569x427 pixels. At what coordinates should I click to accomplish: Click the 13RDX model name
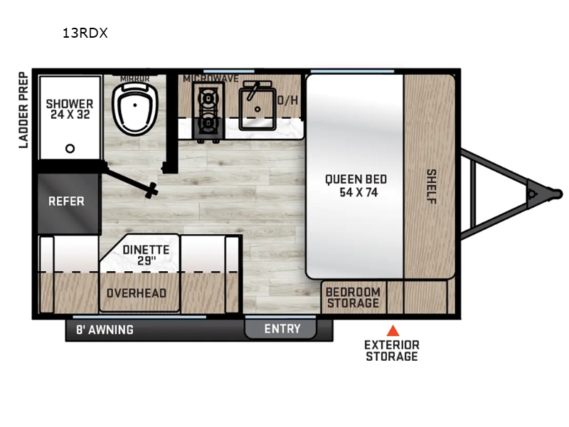(85, 33)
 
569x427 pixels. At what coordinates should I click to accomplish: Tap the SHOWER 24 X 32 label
(69, 109)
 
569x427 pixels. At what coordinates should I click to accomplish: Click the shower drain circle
(70, 149)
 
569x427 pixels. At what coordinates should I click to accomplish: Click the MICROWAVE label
(211, 78)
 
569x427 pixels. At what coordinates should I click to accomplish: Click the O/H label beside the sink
(288, 100)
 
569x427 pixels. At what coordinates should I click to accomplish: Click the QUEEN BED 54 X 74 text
(356, 186)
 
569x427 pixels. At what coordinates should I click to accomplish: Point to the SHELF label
(430, 186)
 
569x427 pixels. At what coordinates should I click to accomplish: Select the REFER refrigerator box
(66, 201)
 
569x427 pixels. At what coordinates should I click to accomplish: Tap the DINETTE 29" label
(146, 255)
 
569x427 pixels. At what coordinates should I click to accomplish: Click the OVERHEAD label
(136, 293)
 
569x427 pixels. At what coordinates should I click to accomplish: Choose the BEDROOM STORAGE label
(353, 298)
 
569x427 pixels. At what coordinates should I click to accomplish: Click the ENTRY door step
(282, 329)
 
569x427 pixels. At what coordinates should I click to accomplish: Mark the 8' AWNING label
(105, 330)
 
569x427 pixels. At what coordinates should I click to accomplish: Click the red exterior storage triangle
(391, 330)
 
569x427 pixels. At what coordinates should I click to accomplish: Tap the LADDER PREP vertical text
(23, 110)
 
